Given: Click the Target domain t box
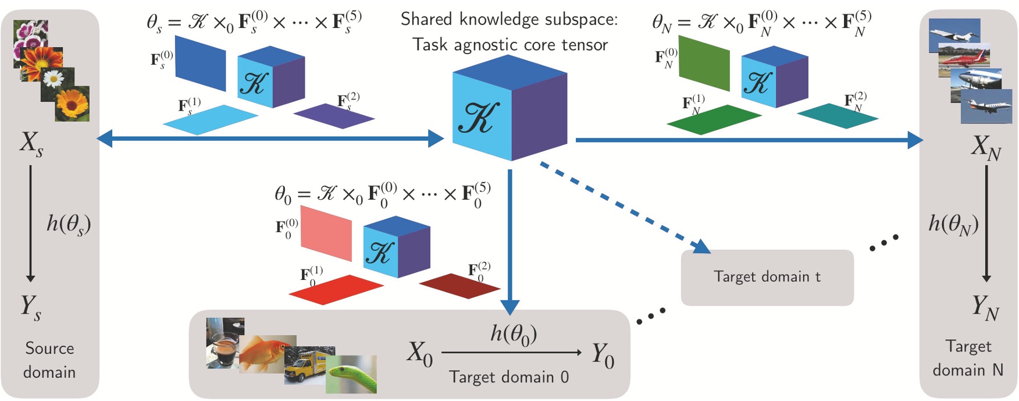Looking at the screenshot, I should pyautogui.click(x=767, y=277).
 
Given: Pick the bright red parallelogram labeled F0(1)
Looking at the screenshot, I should pyautogui.click(x=336, y=289).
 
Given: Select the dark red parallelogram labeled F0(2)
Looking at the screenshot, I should pyautogui.click(x=459, y=286).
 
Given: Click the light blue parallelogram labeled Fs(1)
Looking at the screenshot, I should pyautogui.click(x=210, y=119).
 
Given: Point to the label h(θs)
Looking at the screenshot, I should pyautogui.click(x=69, y=224).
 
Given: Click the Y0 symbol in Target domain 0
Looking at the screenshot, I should pyautogui.click(x=603, y=356).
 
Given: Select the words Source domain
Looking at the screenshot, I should pyautogui.click(x=49, y=360).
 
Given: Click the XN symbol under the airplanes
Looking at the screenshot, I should pyautogui.click(x=985, y=147).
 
